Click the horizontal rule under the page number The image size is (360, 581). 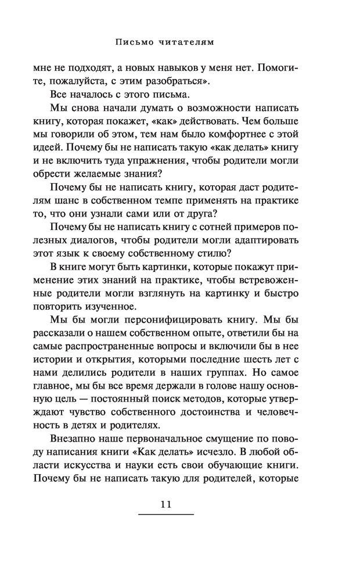click(x=166, y=515)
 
